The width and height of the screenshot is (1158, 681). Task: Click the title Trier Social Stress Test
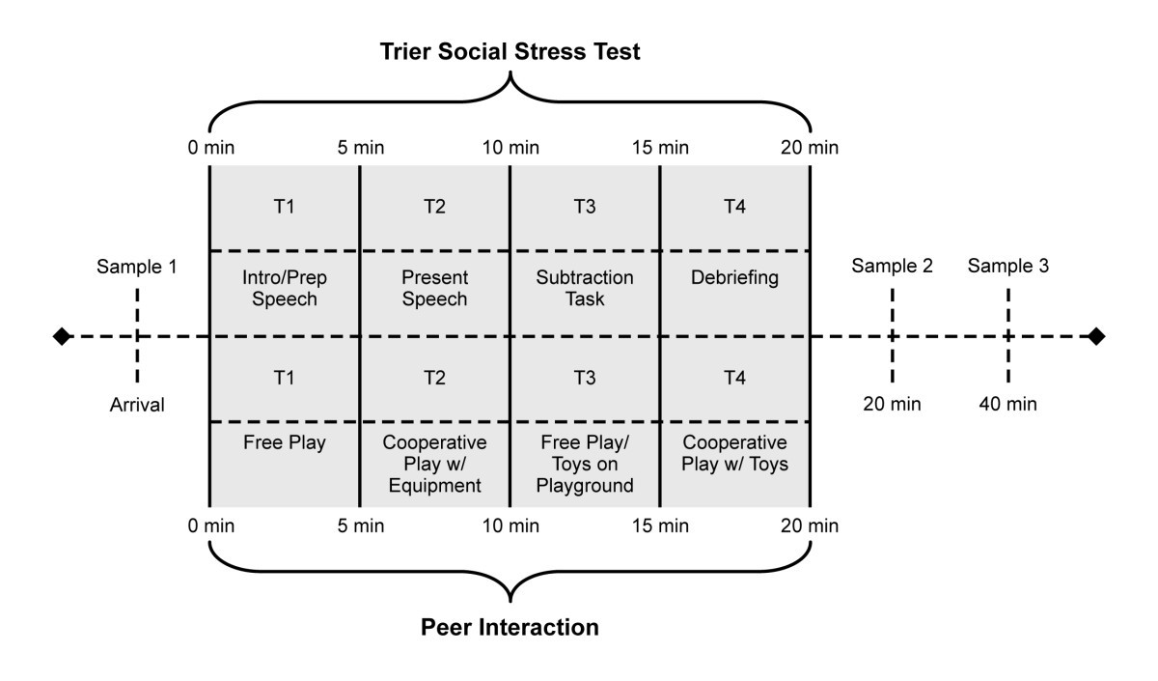coord(509,52)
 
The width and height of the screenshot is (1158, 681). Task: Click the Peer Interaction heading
coord(510,627)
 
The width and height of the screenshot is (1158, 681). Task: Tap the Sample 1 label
coord(136,267)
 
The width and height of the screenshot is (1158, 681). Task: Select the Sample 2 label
coord(892,267)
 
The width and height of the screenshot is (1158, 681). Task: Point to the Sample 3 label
coord(1008,267)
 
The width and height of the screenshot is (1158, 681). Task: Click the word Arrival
coord(137,405)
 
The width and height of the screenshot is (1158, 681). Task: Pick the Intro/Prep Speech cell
coord(284,288)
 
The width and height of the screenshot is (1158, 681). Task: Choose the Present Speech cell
coord(434,288)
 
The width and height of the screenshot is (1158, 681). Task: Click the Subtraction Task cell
coord(585,288)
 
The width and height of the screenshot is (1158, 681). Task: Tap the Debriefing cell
coord(734,278)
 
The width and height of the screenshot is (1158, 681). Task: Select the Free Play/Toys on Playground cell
coord(585,464)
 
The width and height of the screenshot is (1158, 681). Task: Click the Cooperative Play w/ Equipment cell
coord(434,464)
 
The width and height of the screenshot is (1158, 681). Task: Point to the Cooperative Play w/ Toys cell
coord(734,453)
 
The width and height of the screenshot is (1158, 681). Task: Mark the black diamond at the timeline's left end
coord(62,336)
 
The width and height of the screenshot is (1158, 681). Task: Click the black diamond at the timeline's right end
coord(1095,336)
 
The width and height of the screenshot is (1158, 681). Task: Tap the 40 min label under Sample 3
coord(1008,405)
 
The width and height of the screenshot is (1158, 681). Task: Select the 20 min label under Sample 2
coord(892,405)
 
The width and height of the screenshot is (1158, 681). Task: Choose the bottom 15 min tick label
coord(660,525)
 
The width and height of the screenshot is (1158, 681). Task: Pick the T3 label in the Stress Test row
coord(585,206)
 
